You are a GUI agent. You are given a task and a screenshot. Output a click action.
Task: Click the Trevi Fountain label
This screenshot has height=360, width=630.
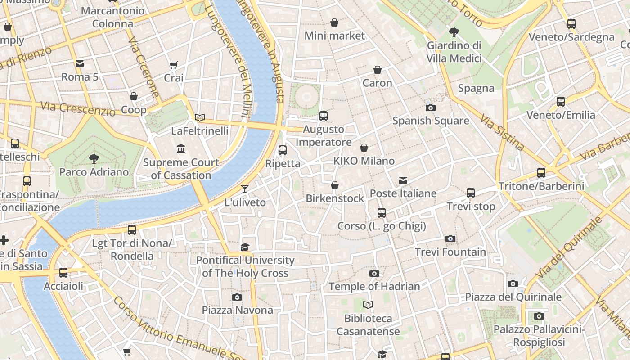[450, 252]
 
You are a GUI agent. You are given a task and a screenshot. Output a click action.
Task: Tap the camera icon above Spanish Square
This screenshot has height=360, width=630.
[431, 108]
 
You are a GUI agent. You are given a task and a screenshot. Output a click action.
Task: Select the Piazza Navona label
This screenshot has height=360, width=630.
[237, 310]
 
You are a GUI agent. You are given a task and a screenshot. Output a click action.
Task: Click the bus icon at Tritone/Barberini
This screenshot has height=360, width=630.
[541, 172]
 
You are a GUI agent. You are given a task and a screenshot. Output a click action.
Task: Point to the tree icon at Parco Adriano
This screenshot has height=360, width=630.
[94, 158]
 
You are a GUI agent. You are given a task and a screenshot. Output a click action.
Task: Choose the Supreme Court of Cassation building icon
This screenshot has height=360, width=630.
[181, 148]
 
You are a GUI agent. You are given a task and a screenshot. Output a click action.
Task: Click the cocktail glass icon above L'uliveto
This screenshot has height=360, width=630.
[245, 189]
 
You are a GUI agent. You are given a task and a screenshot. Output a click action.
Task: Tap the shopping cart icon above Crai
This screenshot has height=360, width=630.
[174, 65]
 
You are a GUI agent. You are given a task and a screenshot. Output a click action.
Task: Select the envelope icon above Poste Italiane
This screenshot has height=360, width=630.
[403, 180]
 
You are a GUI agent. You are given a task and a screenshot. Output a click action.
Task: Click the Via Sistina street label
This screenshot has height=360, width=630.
[502, 132]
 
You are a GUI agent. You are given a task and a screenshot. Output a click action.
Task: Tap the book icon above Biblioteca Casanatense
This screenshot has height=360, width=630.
[368, 305]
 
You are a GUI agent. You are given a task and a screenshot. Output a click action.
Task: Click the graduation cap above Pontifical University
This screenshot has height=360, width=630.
[245, 247]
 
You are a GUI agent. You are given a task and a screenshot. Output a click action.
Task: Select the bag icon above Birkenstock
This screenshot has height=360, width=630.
[335, 185]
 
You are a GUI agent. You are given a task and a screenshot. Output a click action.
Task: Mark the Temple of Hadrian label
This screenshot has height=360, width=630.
[374, 286]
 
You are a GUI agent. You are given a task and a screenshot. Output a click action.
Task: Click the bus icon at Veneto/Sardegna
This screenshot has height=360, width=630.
[571, 24]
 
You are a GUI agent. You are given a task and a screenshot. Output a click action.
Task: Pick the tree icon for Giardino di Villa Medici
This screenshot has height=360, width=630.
[454, 32]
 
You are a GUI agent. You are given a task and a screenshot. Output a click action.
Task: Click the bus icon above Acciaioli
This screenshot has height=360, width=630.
[63, 272]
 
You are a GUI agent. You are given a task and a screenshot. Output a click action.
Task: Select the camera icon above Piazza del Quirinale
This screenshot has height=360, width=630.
[513, 283]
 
